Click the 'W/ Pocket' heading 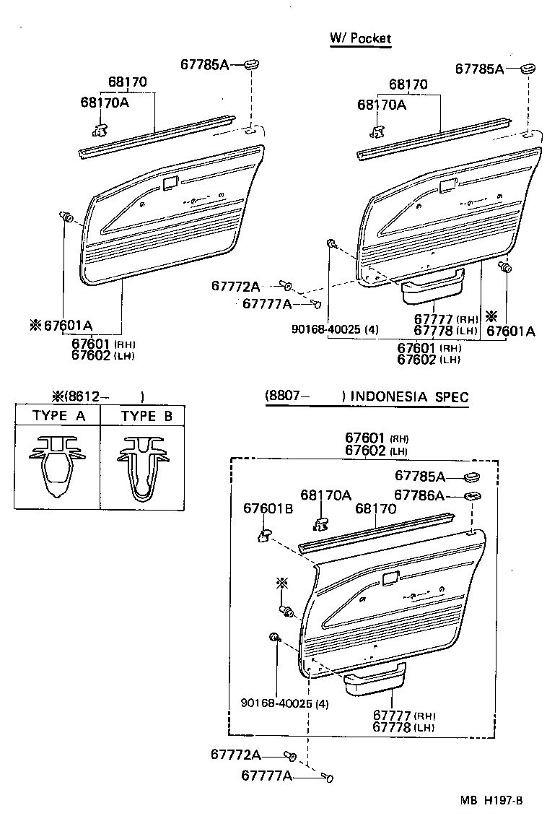pyautogui.click(x=360, y=38)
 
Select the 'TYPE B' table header pyautogui.click(x=146, y=416)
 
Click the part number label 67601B pyautogui.click(x=268, y=509)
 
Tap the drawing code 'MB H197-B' pyautogui.click(x=492, y=800)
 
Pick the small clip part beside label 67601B pyautogui.click(x=265, y=534)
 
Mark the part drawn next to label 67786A pyautogui.click(x=474, y=495)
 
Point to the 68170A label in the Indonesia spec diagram pyautogui.click(x=325, y=495)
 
